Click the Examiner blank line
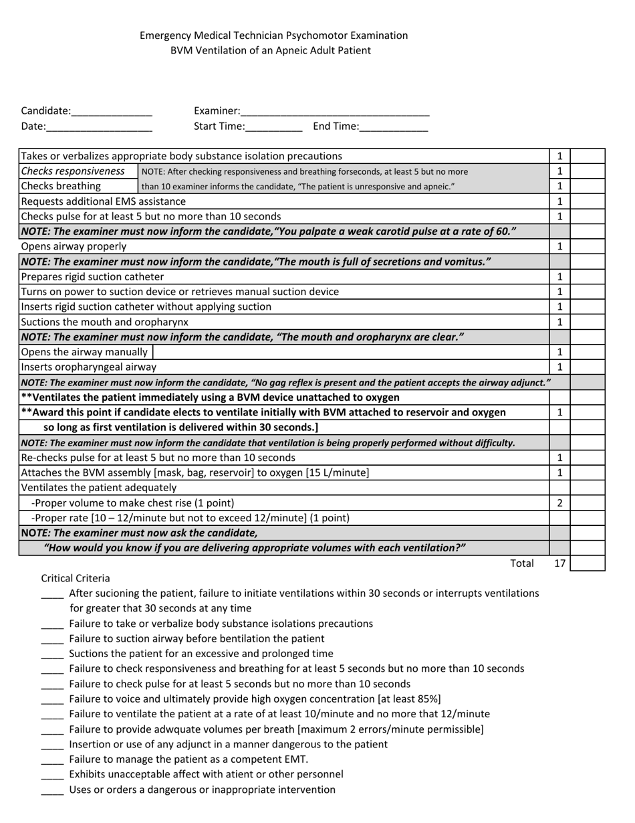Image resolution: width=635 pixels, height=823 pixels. pyautogui.click(x=334, y=112)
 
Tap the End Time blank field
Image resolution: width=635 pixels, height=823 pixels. pyautogui.click(x=394, y=126)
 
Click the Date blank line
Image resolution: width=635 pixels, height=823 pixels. pyautogui.click(x=100, y=126)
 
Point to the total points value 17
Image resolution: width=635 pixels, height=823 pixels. pyautogui.click(x=559, y=563)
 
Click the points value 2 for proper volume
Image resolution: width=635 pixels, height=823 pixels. pyautogui.click(x=559, y=502)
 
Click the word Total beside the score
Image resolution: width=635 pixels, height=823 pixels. pyautogui.click(x=522, y=563)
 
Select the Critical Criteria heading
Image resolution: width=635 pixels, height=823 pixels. pyautogui.click(x=76, y=578)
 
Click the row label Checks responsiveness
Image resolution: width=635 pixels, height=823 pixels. pyautogui.click(x=73, y=171)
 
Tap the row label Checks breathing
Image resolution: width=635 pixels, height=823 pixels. pyautogui.click(x=61, y=186)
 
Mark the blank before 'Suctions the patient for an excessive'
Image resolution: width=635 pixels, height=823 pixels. pyautogui.click(x=52, y=654)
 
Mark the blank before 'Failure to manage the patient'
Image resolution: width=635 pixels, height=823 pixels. pyautogui.click(x=52, y=760)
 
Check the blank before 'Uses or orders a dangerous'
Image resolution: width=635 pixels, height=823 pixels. pyautogui.click(x=52, y=790)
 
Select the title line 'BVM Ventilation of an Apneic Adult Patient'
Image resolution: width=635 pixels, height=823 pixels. pyautogui.click(x=270, y=50)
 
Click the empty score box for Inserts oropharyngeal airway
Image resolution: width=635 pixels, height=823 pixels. pyautogui.click(x=587, y=367)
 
